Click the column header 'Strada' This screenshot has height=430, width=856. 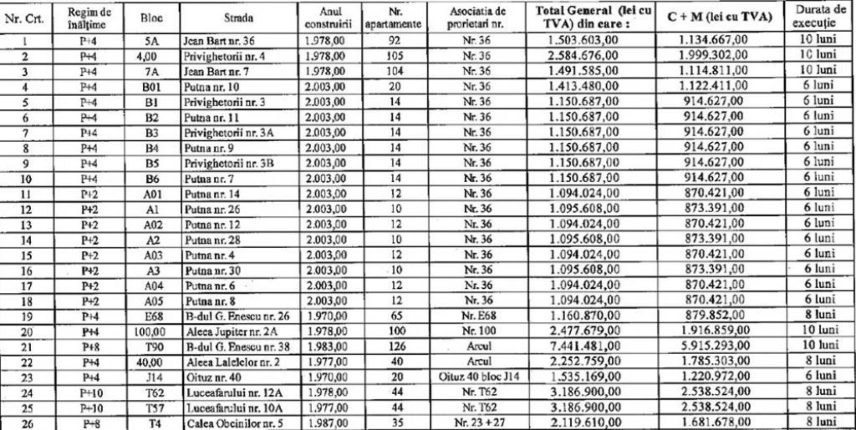(x=239, y=18)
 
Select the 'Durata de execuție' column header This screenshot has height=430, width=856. (x=820, y=16)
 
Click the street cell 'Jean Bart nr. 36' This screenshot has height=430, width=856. (x=219, y=41)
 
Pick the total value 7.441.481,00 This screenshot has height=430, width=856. (x=585, y=346)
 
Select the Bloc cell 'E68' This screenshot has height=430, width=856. (x=153, y=316)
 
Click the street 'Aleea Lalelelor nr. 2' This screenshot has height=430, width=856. (x=233, y=362)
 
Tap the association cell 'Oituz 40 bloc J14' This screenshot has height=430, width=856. (x=478, y=377)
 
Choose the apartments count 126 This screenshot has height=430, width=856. (x=397, y=346)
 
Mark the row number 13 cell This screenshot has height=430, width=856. (x=26, y=225)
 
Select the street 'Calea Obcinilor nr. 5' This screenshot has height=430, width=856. (x=235, y=423)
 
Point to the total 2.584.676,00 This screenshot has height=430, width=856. (x=583, y=56)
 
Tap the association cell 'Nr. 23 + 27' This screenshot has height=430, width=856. (x=479, y=422)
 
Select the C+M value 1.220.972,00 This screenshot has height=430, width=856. (x=716, y=376)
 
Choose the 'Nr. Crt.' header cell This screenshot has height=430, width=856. (x=25, y=18)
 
